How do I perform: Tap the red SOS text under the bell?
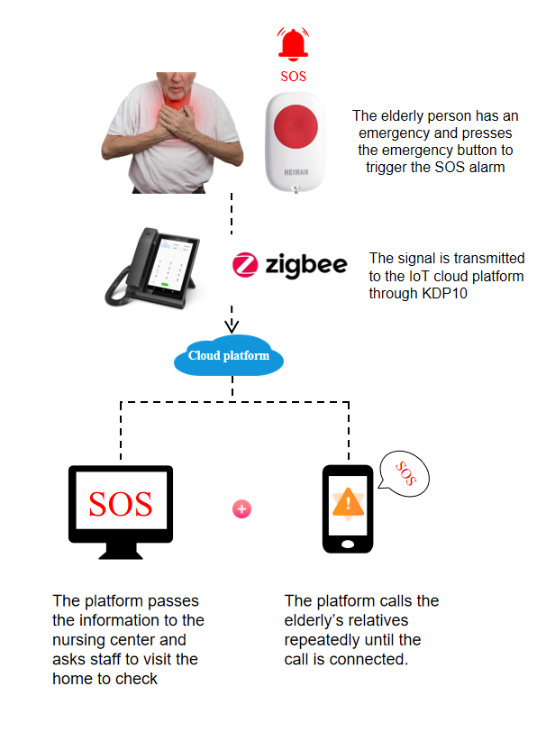pyautogui.click(x=293, y=77)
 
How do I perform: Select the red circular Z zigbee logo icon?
pyautogui.click(x=245, y=265)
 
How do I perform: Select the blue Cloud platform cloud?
pyautogui.click(x=229, y=356)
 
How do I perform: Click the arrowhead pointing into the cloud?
pyautogui.click(x=232, y=325)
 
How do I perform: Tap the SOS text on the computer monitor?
pyautogui.click(x=120, y=504)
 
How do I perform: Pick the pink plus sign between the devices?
pyautogui.click(x=241, y=509)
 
